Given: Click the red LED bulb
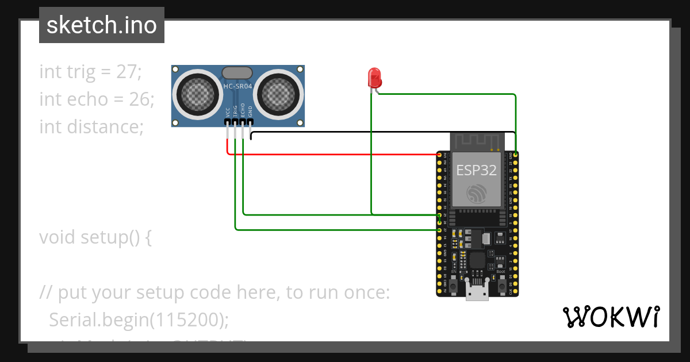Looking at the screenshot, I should pyautogui.click(x=374, y=77).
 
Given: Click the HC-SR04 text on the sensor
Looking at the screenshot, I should pyautogui.click(x=237, y=86).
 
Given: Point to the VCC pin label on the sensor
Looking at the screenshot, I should pyautogui.click(x=228, y=111).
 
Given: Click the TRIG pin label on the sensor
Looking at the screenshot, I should pyautogui.click(x=235, y=111).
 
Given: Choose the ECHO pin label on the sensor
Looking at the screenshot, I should pyautogui.click(x=243, y=110).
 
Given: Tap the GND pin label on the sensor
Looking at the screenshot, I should pyautogui.click(x=250, y=111).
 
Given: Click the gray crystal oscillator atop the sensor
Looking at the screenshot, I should pyautogui.click(x=236, y=72).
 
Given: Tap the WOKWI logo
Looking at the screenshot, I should pyautogui.click(x=611, y=317).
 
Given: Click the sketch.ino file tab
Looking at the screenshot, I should pyautogui.click(x=102, y=25).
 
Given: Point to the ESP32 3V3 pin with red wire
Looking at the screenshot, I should pyautogui.click(x=440, y=155).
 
